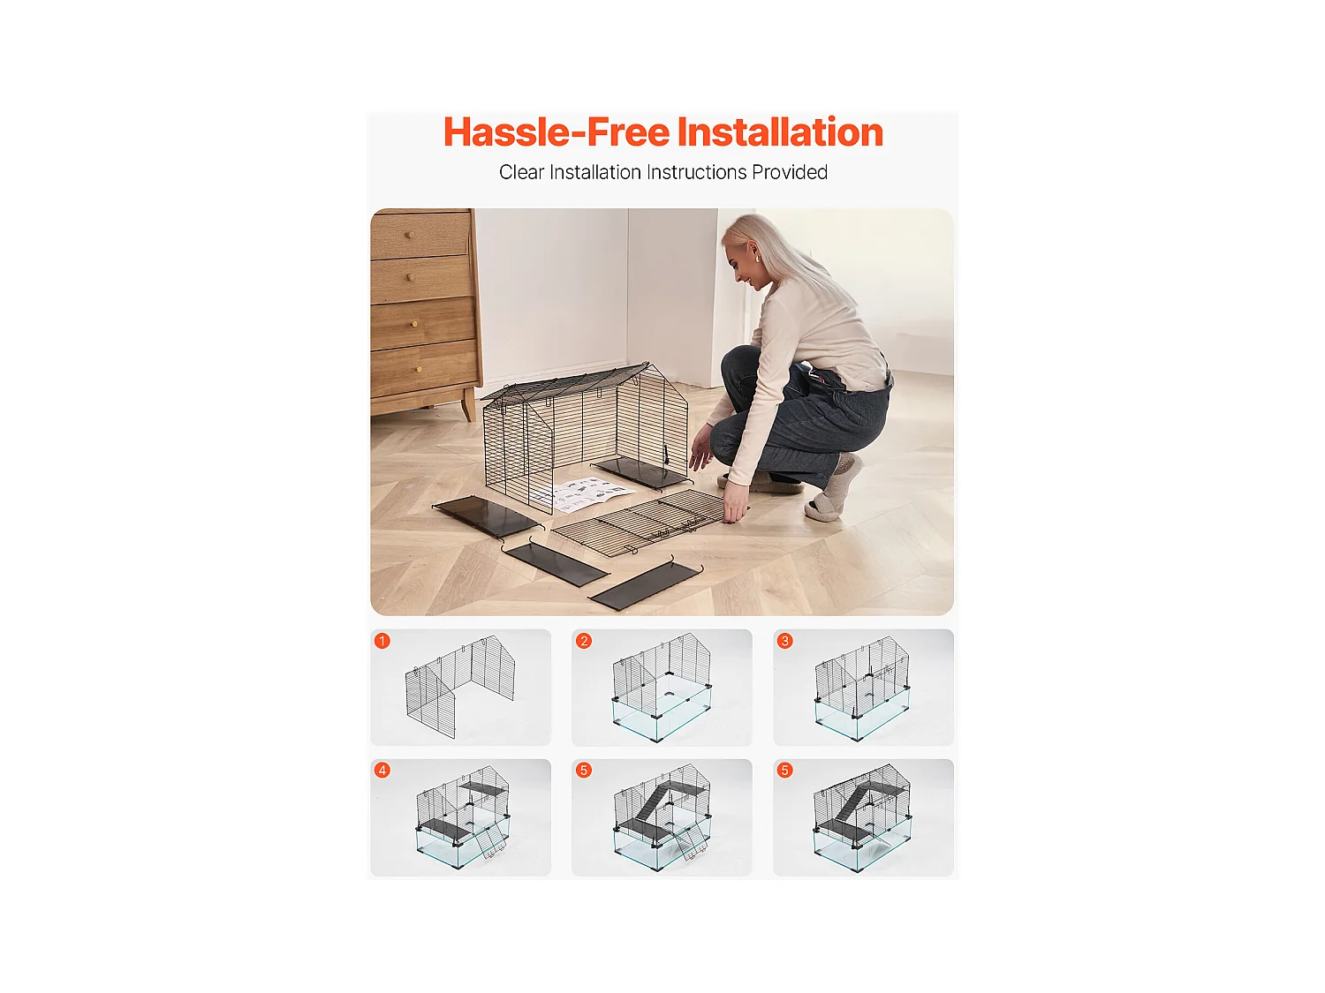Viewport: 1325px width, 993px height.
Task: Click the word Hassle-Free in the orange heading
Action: pyautogui.click(x=556, y=132)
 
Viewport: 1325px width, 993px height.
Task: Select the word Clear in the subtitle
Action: pyautogui.click(x=521, y=172)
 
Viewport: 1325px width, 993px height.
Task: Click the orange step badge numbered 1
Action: pyautogui.click(x=382, y=641)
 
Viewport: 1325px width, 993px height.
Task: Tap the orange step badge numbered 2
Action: pyautogui.click(x=583, y=641)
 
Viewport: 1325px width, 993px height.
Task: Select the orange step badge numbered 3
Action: pyautogui.click(x=784, y=641)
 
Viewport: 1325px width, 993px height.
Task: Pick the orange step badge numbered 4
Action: pyautogui.click(x=382, y=770)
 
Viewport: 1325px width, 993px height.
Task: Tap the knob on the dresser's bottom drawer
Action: pyautogui.click(x=420, y=369)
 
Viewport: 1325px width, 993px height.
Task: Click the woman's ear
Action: pyautogui.click(x=757, y=257)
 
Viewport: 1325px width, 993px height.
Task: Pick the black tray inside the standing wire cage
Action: pyautogui.click(x=639, y=472)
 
